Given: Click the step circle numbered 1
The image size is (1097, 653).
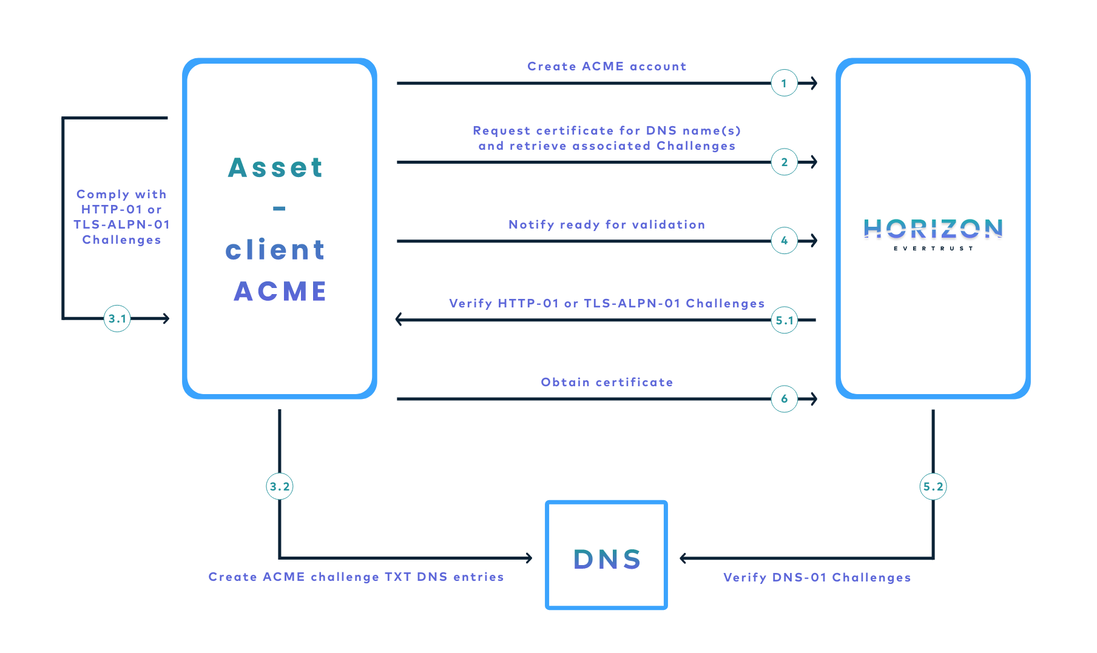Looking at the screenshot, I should [784, 83].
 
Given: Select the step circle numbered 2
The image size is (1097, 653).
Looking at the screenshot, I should [784, 162].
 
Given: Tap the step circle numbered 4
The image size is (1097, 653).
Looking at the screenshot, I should [784, 241].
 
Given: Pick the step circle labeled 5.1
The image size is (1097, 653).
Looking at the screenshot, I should [784, 320].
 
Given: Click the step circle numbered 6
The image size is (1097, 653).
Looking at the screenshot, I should [784, 399].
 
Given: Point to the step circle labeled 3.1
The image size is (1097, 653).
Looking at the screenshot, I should [117, 318].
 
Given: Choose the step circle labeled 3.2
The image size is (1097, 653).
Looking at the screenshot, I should [280, 486].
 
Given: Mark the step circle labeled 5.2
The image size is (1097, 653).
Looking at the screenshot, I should [933, 486].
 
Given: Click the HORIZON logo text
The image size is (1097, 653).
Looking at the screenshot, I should [933, 229].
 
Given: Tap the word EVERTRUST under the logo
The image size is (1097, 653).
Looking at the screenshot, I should [933, 249].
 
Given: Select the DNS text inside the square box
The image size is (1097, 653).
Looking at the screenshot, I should [607, 559].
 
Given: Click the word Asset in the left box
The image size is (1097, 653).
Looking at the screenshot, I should [276, 167].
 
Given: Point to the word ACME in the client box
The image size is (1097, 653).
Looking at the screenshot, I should [280, 291].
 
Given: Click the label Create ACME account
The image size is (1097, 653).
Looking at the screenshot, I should [607, 66].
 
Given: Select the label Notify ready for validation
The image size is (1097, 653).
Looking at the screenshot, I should [607, 224].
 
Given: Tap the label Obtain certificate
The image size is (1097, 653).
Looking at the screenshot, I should [607, 382].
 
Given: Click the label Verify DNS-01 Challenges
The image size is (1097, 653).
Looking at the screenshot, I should [817, 577].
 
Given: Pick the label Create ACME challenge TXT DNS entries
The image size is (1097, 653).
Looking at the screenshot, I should [356, 577].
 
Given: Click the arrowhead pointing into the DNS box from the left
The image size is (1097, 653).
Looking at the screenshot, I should [529, 558].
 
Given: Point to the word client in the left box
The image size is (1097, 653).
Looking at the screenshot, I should [275, 250].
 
